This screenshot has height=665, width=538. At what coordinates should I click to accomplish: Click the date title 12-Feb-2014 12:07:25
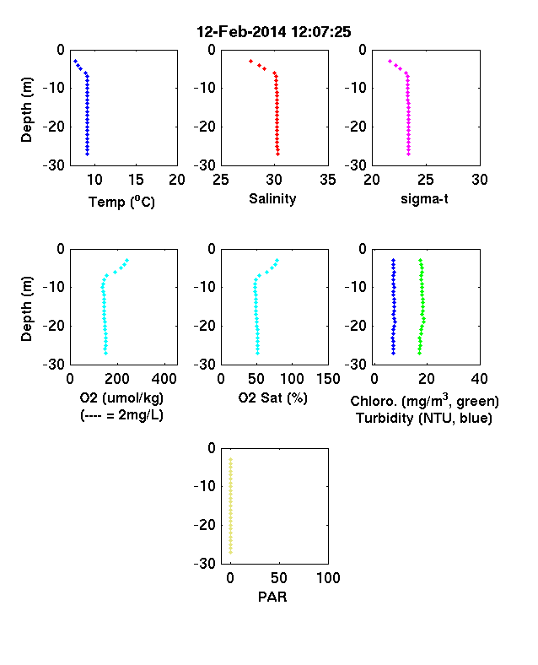click(x=274, y=32)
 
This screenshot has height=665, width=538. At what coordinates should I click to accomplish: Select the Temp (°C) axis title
click(x=121, y=202)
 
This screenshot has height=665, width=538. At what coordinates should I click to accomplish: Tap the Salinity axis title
click(x=272, y=198)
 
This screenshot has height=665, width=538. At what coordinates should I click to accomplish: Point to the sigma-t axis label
click(x=424, y=198)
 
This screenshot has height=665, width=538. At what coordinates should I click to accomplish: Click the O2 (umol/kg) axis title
click(x=121, y=397)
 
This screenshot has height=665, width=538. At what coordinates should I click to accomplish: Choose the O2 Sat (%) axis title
click(x=272, y=397)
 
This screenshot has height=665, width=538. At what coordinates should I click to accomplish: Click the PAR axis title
click(x=272, y=597)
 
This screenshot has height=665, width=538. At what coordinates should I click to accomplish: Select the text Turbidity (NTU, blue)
click(x=424, y=419)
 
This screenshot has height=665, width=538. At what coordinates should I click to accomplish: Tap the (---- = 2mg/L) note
click(x=121, y=414)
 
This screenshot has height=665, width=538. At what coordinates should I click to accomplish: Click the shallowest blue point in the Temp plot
click(x=75, y=61)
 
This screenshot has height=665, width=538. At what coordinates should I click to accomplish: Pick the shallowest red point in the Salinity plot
click(x=250, y=61)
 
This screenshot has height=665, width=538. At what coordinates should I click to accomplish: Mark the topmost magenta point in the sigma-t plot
click(x=390, y=61)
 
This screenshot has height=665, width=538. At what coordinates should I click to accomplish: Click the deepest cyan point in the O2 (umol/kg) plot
click(x=106, y=353)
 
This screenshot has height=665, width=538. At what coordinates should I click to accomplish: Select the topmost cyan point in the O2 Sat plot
click(x=277, y=260)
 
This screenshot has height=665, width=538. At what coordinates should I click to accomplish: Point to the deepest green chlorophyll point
click(x=419, y=353)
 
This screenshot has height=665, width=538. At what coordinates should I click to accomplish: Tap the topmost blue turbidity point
click(x=393, y=260)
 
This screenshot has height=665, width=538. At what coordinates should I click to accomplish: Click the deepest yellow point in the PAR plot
click(x=231, y=552)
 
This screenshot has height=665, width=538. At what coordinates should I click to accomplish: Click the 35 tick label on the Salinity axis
click(x=328, y=180)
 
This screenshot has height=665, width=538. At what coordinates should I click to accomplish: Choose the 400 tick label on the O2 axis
click(x=164, y=379)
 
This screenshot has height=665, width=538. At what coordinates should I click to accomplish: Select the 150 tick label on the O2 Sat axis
click(x=328, y=379)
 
